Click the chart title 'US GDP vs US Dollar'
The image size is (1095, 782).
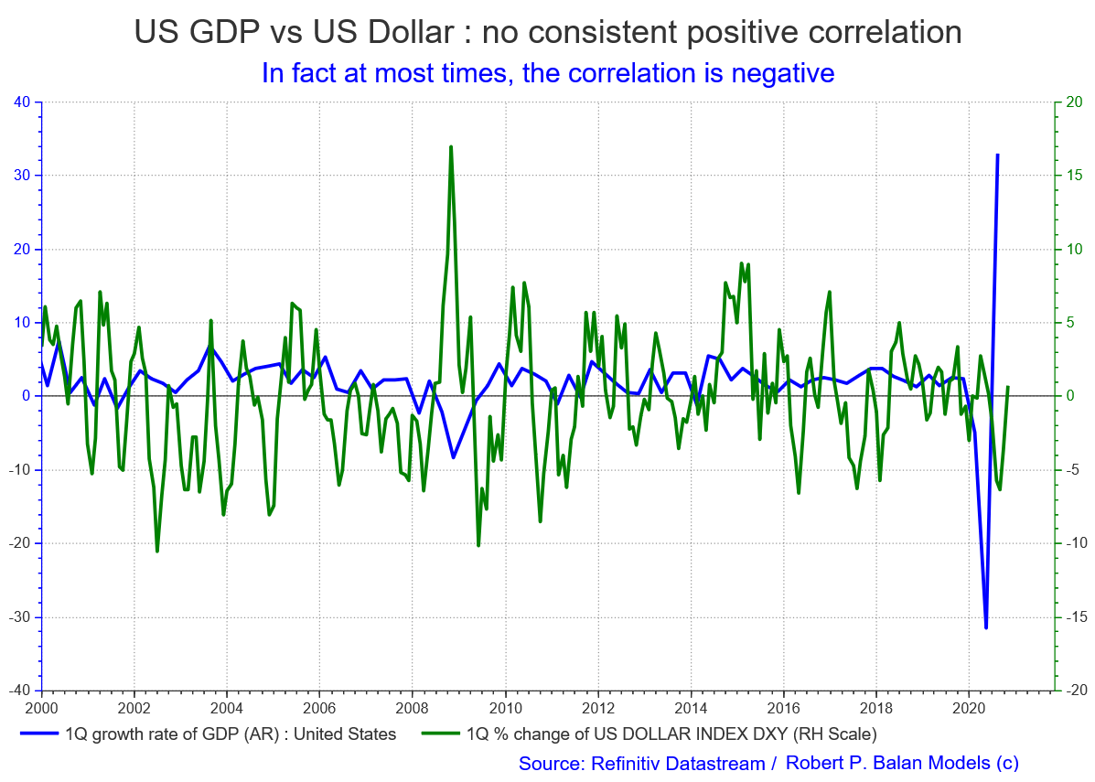[547, 32]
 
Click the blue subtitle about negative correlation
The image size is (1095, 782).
[547, 72]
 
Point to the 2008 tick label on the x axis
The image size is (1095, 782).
[412, 707]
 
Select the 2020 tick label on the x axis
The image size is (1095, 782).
[969, 707]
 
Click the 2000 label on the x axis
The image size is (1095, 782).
[41, 707]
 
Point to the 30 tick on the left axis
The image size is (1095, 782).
[25, 176]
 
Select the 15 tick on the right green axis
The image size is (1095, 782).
[1074, 176]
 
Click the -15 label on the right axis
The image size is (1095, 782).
[1076, 617]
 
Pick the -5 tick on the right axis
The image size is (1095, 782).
[1073, 470]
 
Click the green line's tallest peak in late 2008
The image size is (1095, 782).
[451, 146]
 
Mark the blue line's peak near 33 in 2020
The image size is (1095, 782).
[997, 155]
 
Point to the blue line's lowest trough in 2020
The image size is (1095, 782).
[985, 627]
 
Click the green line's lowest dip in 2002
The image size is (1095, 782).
[157, 551]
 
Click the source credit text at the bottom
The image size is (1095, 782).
[768, 763]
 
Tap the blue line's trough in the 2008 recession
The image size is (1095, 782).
[453, 456]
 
